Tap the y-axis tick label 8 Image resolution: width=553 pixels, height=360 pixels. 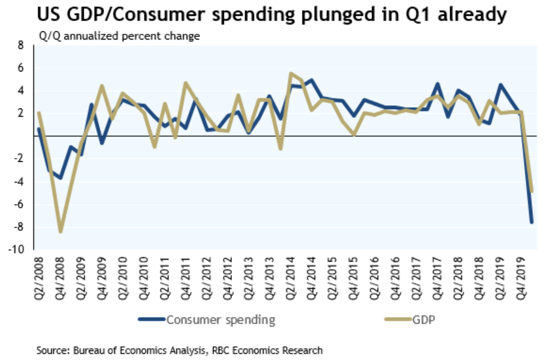click(20, 45)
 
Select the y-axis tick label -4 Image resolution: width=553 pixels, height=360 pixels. click(19, 181)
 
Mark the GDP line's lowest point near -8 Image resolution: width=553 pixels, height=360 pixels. click(60, 231)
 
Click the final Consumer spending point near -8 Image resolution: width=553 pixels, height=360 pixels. click(532, 222)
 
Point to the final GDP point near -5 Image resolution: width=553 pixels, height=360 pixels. click(532, 191)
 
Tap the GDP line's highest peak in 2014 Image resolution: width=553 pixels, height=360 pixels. click(290, 73)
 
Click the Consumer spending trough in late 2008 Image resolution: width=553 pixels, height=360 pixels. click(60, 178)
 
